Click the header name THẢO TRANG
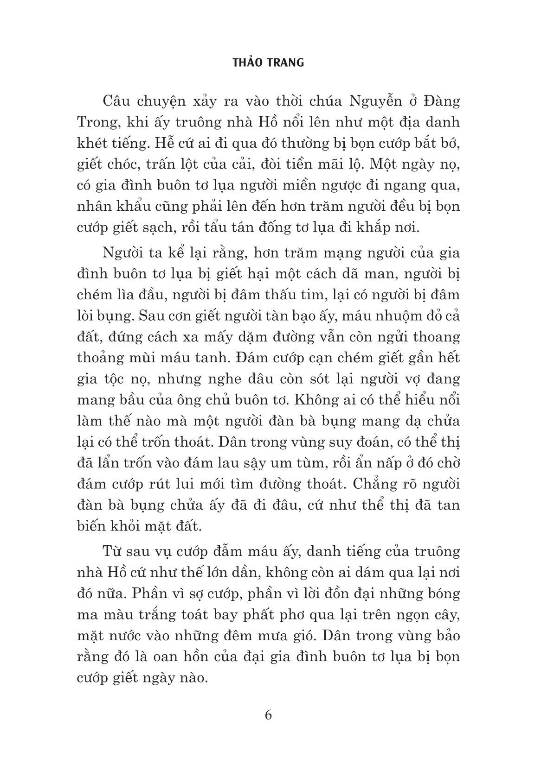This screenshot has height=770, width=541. [268, 62]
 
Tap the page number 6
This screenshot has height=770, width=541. [268, 715]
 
